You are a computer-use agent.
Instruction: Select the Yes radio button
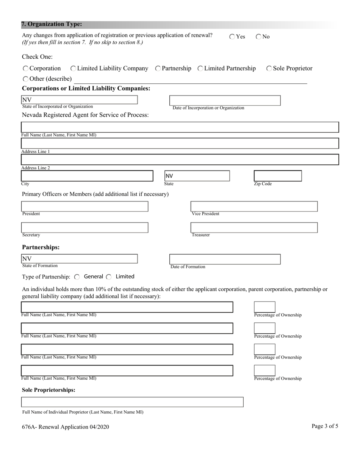[x=232, y=37]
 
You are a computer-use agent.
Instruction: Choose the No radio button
[x=258, y=37]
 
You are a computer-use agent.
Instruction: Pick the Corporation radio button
[x=25, y=69]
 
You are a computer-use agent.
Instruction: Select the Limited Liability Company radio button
[x=73, y=69]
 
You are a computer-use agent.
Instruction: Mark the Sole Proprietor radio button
[x=269, y=69]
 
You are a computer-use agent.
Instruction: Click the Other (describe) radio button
[x=25, y=79]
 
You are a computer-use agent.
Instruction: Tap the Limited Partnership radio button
[x=200, y=69]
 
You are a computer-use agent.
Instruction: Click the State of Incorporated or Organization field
[x=79, y=100]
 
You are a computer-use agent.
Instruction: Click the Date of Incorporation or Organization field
[x=225, y=100]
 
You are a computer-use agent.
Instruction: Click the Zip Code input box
[x=277, y=176]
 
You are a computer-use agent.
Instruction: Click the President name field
[x=85, y=206]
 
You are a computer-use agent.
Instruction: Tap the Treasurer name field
[x=254, y=228]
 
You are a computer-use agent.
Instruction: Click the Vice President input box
[x=254, y=206]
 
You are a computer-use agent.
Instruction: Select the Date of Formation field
[x=225, y=259]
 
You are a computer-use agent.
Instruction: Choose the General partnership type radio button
[x=77, y=277]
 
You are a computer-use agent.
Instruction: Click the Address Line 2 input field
[x=180, y=160]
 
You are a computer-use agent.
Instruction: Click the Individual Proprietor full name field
[x=132, y=402]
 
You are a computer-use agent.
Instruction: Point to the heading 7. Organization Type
[x=52, y=24]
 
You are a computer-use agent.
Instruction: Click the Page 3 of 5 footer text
[x=325, y=426]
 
